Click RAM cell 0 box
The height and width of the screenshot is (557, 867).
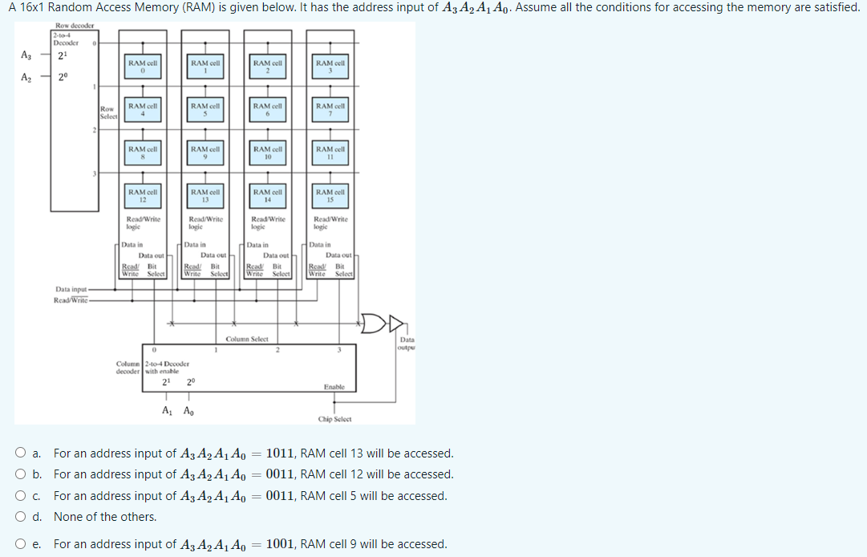(142, 67)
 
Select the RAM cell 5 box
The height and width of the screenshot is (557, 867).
(205, 110)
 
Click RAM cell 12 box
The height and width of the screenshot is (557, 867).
(142, 196)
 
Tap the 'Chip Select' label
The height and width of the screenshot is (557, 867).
(334, 419)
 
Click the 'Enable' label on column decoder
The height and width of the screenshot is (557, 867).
(334, 387)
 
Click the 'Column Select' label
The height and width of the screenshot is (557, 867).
(246, 339)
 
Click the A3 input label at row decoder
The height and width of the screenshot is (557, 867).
(26, 55)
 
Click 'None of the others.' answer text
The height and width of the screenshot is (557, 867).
(105, 517)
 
